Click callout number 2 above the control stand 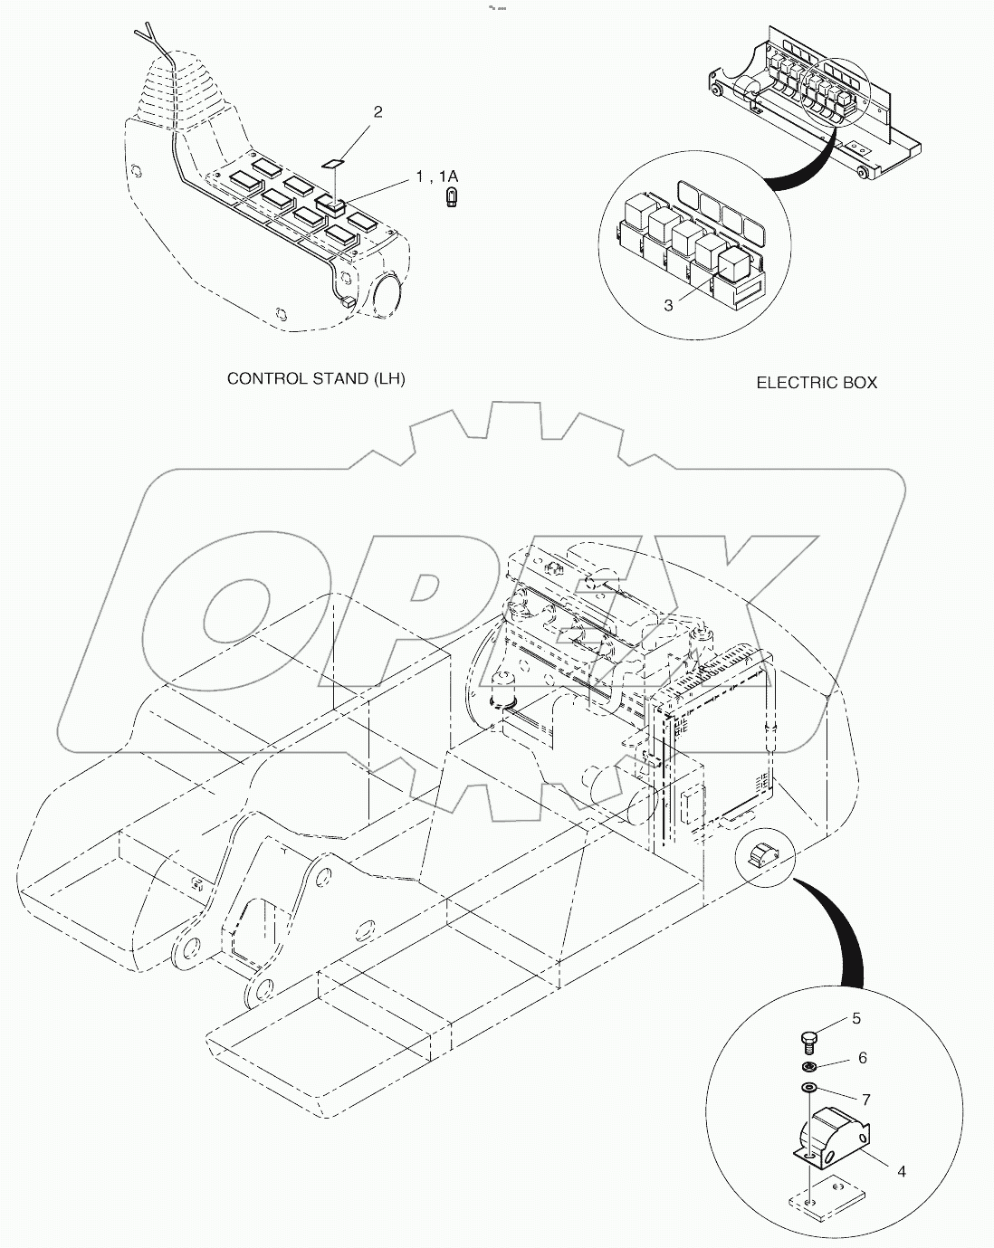[x=378, y=112]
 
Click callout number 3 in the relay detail [x=669, y=306]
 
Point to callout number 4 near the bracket [x=901, y=1171]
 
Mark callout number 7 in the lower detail [x=865, y=1099]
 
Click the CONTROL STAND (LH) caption [x=316, y=378]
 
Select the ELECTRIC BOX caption [x=817, y=383]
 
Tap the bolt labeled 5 [x=809, y=1042]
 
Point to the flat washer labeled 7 [x=808, y=1088]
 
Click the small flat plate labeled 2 [x=334, y=164]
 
